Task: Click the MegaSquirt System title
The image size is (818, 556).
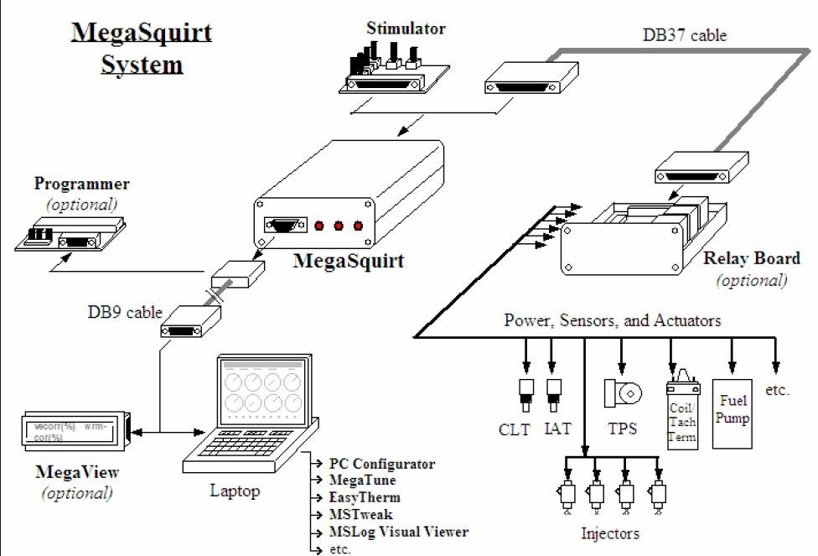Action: (x=141, y=48)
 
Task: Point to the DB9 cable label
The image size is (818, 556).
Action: (x=126, y=312)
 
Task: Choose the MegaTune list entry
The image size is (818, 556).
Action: (x=362, y=481)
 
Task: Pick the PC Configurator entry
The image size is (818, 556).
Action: (x=381, y=464)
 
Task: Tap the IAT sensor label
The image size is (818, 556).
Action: (x=557, y=429)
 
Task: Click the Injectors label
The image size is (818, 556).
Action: (x=609, y=533)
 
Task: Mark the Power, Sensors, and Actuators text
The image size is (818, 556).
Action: (x=612, y=320)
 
